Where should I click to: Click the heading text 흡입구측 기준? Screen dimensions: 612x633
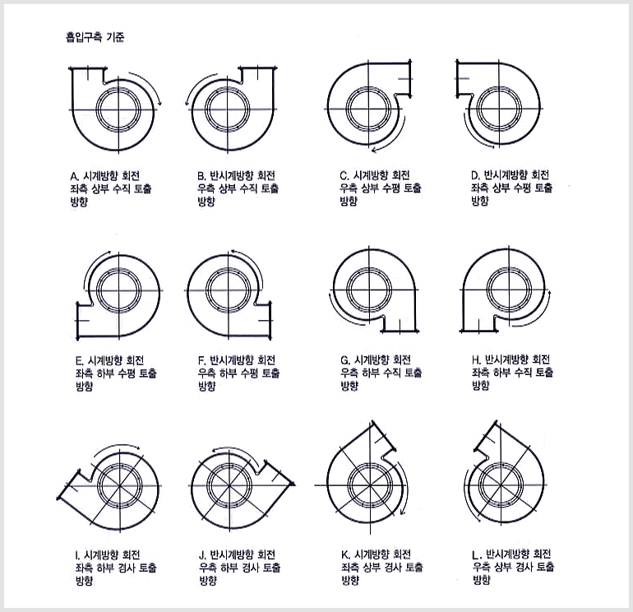coord(95,37)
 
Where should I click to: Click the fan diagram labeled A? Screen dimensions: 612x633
coord(115,109)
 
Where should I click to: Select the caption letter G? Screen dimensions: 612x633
coord(344,360)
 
